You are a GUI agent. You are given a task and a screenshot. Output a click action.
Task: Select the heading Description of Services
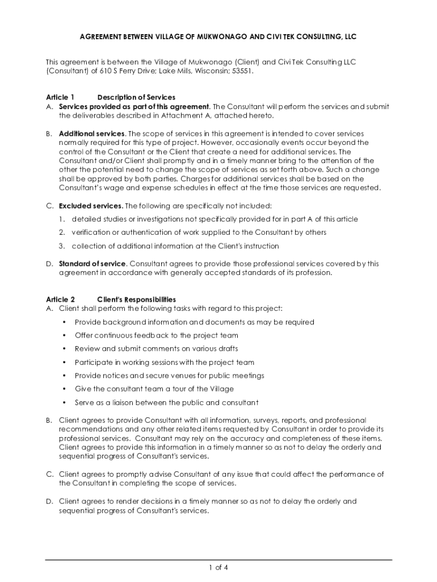click(136, 97)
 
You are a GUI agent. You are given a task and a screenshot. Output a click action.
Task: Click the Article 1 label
click(60, 97)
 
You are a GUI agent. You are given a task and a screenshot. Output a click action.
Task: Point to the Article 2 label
click(60, 299)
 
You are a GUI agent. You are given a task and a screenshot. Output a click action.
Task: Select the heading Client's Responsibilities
click(136, 299)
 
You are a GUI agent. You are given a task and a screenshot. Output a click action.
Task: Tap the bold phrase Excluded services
click(90, 205)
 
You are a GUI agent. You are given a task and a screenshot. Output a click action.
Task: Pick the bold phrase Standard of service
click(93, 264)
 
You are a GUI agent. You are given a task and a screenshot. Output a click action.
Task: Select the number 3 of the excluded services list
click(61, 246)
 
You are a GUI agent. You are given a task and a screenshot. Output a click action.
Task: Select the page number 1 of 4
click(218, 567)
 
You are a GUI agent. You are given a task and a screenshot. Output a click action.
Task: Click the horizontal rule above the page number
click(218, 559)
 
